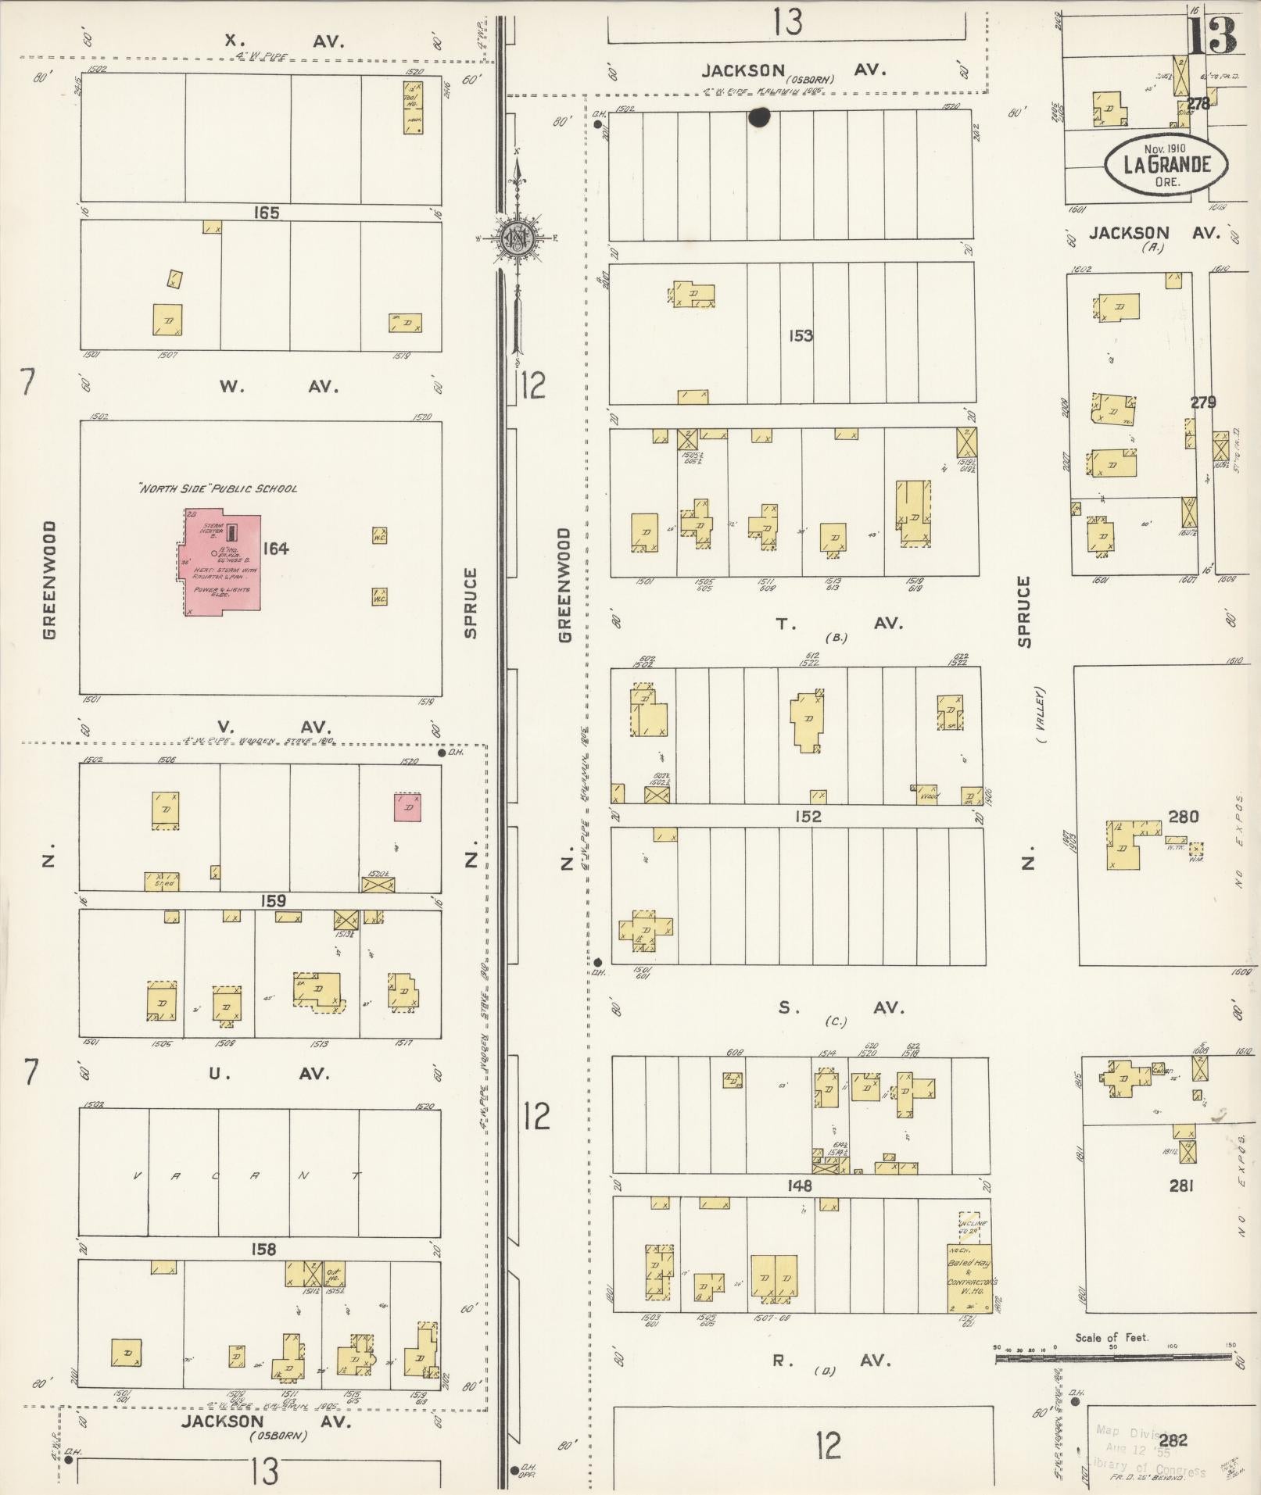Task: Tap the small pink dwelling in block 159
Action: (407, 807)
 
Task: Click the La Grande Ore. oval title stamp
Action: (1166, 164)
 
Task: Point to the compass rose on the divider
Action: (518, 238)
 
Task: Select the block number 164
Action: (275, 549)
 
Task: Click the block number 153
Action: (801, 335)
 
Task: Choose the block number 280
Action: (1183, 817)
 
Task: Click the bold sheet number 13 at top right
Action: (1213, 35)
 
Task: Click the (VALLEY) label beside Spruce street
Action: (1041, 716)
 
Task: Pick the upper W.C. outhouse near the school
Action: (380, 535)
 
